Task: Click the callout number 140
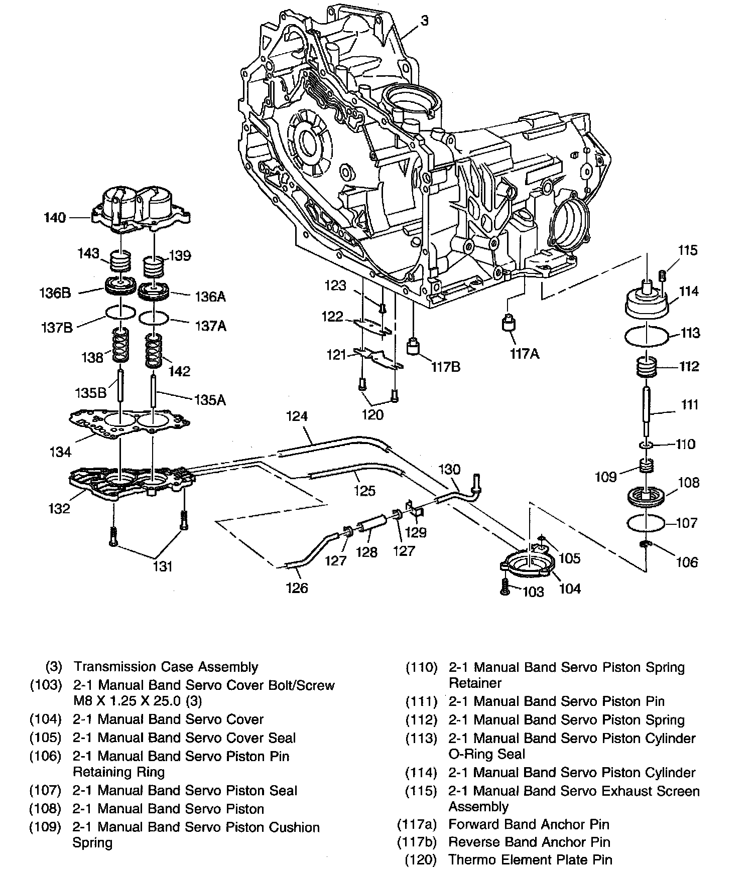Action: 54,217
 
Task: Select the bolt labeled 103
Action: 505,587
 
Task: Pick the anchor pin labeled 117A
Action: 508,323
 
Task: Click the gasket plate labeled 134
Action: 130,420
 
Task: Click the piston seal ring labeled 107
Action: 646,523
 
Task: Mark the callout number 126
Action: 296,588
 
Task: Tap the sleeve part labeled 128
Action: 372,525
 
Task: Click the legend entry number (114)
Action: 422,773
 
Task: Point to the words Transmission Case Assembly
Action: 166,667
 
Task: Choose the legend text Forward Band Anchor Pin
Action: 529,824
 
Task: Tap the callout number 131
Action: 163,566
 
